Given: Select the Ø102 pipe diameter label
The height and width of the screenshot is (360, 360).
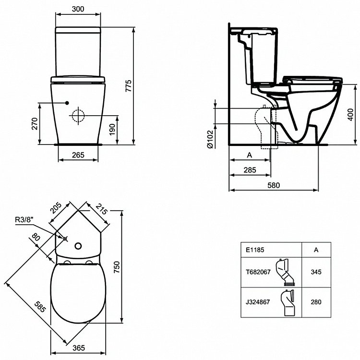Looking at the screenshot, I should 210,140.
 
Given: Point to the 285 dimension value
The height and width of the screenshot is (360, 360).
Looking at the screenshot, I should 250,170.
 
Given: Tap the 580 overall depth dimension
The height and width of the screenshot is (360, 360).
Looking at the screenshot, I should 273,185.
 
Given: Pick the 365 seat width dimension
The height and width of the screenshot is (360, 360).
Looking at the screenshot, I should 78,348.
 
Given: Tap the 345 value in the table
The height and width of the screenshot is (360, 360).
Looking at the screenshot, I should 316,271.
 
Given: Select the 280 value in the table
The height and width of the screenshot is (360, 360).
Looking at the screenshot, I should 316,302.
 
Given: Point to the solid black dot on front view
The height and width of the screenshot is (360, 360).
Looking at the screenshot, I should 67,103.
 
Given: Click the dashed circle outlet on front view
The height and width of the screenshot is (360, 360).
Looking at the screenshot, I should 78,116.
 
